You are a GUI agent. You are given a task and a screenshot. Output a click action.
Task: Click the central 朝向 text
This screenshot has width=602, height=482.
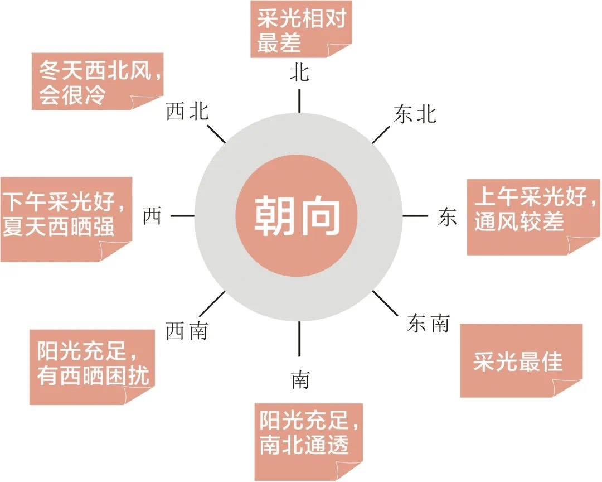pyautogui.click(x=297, y=215)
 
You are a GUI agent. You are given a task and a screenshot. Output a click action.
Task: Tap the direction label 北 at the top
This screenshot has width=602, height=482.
pyautogui.click(x=299, y=72)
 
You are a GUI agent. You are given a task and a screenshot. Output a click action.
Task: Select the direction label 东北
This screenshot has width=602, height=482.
pyautogui.click(x=415, y=114)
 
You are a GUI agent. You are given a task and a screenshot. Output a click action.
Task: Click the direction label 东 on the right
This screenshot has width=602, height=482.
pyautogui.click(x=447, y=216)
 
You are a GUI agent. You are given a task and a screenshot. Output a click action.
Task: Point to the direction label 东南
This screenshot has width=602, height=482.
pyautogui.click(x=429, y=323)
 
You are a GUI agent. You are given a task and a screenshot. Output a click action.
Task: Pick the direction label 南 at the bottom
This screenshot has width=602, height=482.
pyautogui.click(x=300, y=379)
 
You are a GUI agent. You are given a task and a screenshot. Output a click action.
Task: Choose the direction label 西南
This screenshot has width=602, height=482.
pyautogui.click(x=187, y=331)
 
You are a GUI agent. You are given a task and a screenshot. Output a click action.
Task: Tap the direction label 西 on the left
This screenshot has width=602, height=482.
pyautogui.click(x=152, y=216)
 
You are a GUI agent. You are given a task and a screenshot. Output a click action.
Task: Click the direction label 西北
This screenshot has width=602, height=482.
pyautogui.click(x=187, y=112)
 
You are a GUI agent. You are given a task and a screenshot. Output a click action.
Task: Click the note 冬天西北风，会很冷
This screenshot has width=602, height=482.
pyautogui.click(x=98, y=81)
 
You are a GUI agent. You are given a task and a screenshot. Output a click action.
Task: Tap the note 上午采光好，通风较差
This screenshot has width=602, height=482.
pyautogui.click(x=533, y=217)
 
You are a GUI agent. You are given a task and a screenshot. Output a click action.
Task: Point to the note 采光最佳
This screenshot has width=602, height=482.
pyautogui.click(x=521, y=360)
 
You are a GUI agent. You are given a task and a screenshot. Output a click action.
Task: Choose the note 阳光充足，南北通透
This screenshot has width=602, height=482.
pyautogui.click(x=309, y=442)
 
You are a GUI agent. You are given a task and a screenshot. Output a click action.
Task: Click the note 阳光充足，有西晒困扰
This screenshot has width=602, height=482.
pyautogui.click(x=92, y=367)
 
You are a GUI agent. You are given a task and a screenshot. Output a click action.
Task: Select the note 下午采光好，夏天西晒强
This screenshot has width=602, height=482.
pyautogui.click(x=66, y=219)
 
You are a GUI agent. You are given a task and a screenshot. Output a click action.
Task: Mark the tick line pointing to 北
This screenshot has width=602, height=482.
pyautogui.click(x=299, y=101)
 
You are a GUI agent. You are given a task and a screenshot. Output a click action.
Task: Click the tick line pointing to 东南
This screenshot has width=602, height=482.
pyautogui.click(x=386, y=303)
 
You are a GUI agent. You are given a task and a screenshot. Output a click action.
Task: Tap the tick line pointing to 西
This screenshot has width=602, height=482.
pyautogui.click(x=182, y=216)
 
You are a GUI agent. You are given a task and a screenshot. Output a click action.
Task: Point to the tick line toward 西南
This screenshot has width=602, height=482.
pyautogui.click(x=212, y=304)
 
